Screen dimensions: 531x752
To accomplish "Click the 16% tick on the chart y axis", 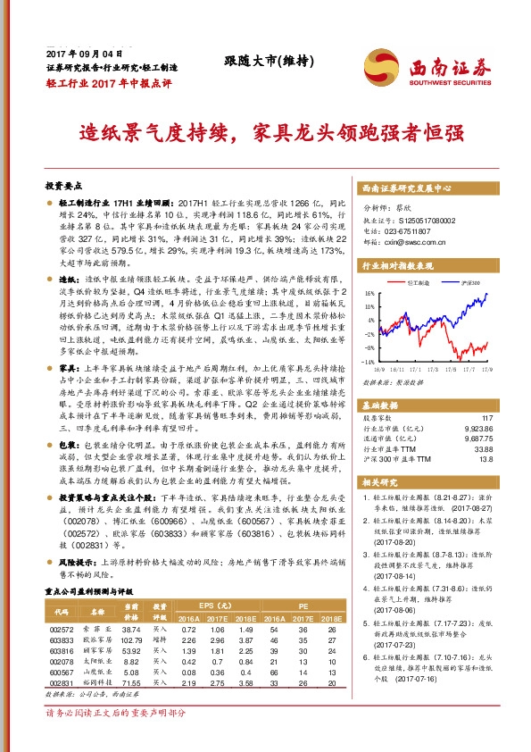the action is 369,293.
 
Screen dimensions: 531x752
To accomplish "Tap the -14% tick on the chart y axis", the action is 368,362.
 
